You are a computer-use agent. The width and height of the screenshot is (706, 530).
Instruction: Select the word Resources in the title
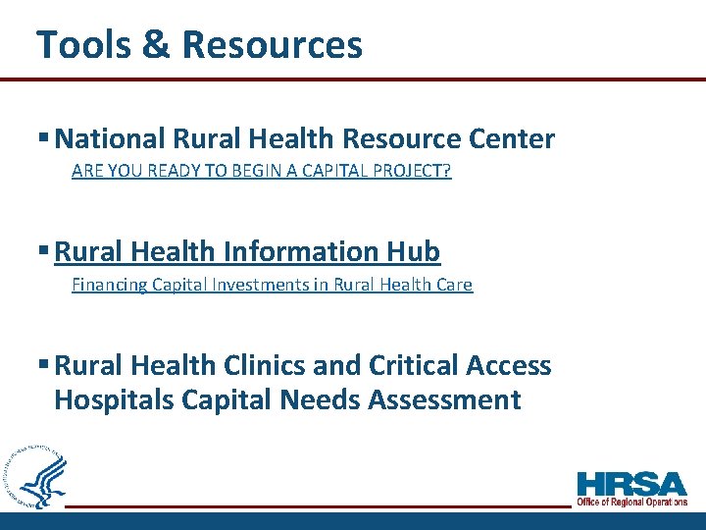272,44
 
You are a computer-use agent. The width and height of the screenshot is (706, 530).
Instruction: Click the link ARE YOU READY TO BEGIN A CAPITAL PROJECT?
261,172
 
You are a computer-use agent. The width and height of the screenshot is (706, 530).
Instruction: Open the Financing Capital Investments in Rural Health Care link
272,285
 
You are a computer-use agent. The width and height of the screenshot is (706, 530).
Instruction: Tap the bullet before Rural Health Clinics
44,365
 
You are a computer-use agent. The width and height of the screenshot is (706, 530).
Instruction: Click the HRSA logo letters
631,484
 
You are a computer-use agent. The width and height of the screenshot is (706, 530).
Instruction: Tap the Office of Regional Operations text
631,502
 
